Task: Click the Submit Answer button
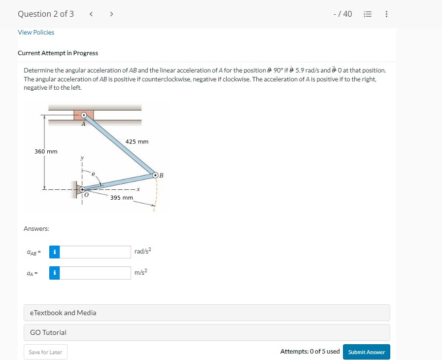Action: click(366, 352)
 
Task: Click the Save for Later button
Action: click(45, 352)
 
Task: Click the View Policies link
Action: click(36, 33)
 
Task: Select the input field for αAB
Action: click(96, 252)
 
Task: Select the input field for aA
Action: click(96, 273)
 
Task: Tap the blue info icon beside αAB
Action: click(55, 252)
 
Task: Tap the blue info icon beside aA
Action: click(55, 273)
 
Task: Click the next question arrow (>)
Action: click(111, 14)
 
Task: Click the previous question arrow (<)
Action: click(91, 14)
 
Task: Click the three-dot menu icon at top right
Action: click(386, 14)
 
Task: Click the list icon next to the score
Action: click(367, 14)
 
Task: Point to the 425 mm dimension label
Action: click(137, 142)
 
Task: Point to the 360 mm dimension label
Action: click(45, 151)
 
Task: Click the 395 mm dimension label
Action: click(121, 197)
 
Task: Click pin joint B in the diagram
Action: click(155, 175)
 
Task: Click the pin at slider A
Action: click(84, 115)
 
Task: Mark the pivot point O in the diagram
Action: click(83, 188)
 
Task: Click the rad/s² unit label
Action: click(142, 252)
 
